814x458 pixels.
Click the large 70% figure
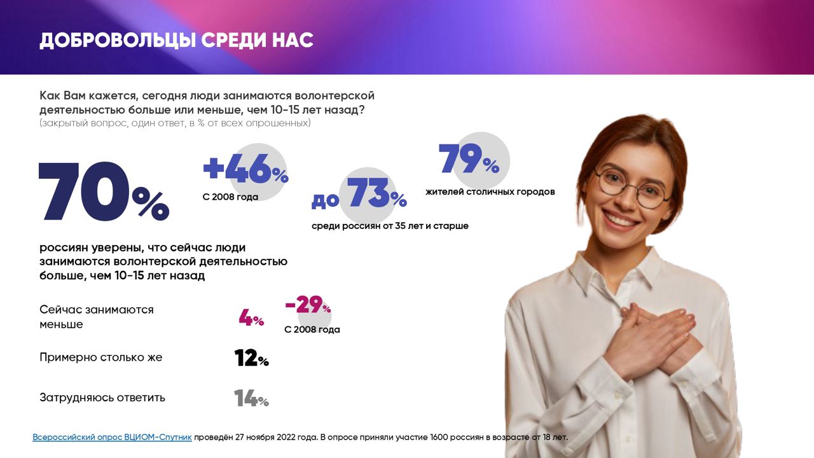[x=104, y=191]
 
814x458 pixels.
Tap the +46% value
[x=245, y=169]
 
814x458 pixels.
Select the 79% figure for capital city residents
[x=469, y=158]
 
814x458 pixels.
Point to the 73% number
[x=376, y=193]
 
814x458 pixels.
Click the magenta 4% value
[x=251, y=317]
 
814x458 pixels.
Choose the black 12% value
[x=251, y=357]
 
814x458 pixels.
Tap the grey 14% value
[x=251, y=398]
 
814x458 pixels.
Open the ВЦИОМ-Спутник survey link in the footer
[x=113, y=437]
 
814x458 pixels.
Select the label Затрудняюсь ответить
[x=102, y=398]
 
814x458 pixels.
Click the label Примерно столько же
[x=100, y=357]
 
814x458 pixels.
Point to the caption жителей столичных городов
[x=490, y=192]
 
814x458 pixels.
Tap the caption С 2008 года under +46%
[x=230, y=197]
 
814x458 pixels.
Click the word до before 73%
[x=325, y=200]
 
